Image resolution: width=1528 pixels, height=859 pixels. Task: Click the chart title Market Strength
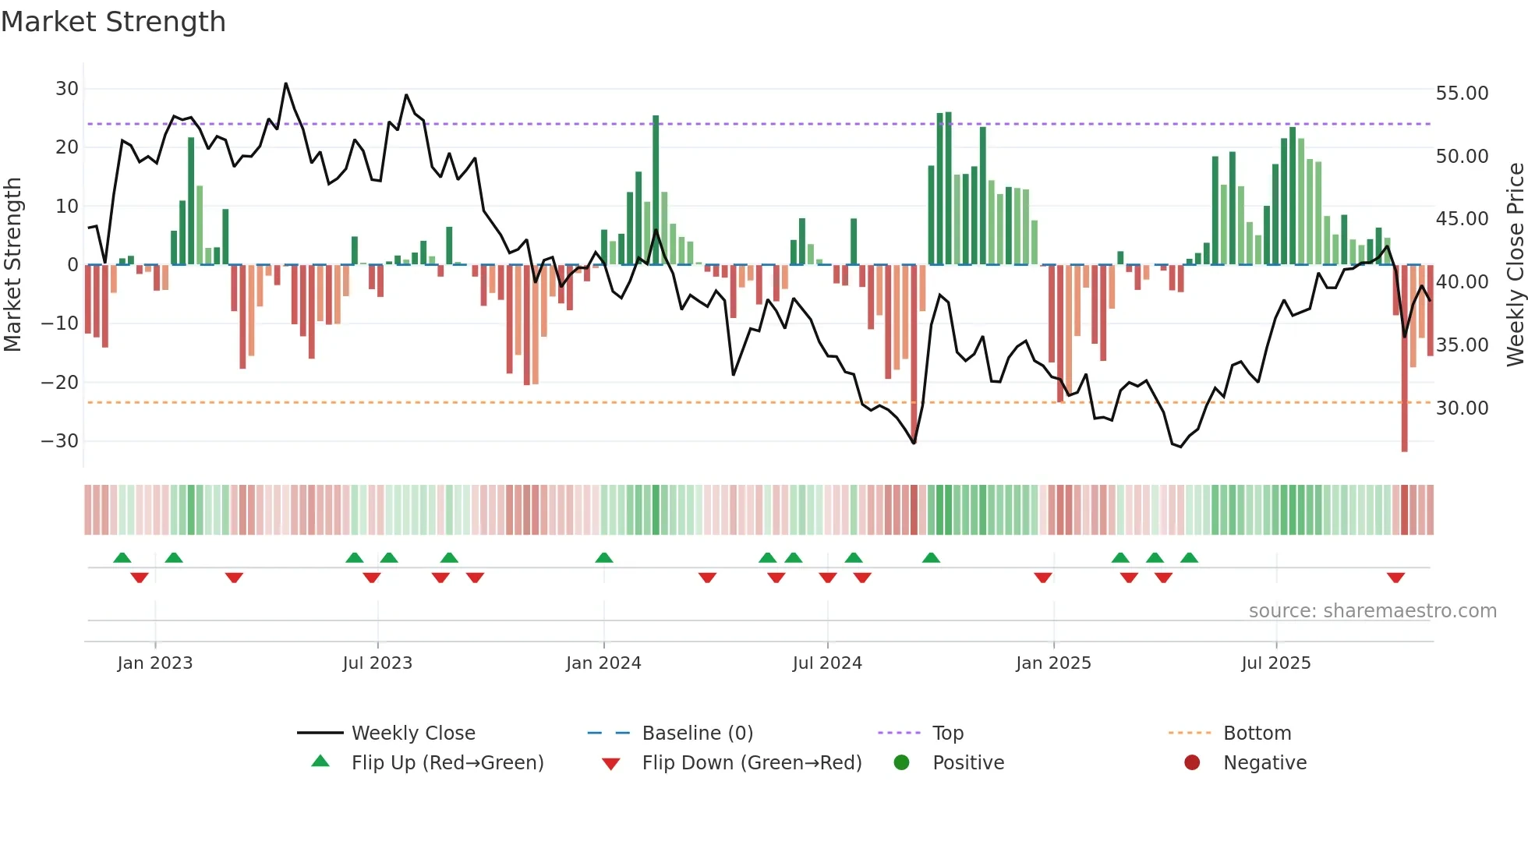(x=113, y=22)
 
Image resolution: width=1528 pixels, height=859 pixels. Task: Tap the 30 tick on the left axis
(x=67, y=89)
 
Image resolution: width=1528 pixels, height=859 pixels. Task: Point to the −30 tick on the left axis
(x=60, y=441)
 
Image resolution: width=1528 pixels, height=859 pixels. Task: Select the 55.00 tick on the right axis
(x=1462, y=94)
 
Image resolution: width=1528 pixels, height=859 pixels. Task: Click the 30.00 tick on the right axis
(x=1462, y=408)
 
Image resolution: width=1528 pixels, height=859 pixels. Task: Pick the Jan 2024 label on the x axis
(x=603, y=663)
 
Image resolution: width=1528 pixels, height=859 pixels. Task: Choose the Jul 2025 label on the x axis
(x=1276, y=663)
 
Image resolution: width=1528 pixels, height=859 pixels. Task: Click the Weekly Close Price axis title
(x=1515, y=265)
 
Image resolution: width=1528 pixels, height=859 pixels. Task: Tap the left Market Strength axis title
(x=13, y=265)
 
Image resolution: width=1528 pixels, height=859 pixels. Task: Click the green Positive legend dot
(x=902, y=763)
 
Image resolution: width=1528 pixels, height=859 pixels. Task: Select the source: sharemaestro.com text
(x=1372, y=611)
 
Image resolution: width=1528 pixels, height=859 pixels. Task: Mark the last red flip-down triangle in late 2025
(x=1395, y=578)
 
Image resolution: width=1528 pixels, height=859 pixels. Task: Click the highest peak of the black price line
(x=285, y=84)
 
